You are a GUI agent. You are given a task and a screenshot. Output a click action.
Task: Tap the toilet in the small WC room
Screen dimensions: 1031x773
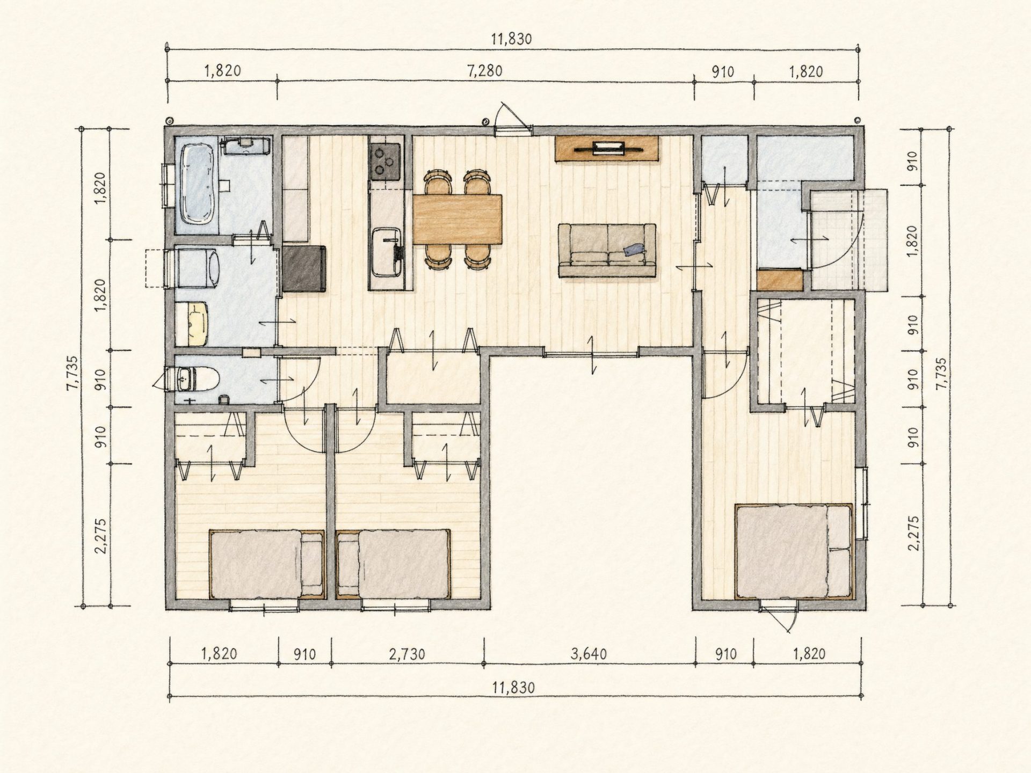tap(199, 380)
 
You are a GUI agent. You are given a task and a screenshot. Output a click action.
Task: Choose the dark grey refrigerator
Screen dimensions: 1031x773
tap(304, 268)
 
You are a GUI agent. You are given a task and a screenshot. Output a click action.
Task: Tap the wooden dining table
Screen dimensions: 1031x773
tap(458, 219)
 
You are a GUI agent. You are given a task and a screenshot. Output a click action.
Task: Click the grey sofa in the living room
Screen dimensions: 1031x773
tap(607, 251)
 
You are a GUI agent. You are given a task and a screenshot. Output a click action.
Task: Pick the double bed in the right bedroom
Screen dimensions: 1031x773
tap(794, 551)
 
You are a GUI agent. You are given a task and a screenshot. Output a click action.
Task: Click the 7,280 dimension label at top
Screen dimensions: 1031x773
tap(485, 71)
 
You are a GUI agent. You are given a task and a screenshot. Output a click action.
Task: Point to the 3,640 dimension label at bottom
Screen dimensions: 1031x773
tap(589, 654)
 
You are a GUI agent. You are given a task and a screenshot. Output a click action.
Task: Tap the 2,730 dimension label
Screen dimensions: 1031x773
tap(407, 654)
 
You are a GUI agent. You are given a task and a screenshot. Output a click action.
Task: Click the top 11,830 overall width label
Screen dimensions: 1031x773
tap(511, 39)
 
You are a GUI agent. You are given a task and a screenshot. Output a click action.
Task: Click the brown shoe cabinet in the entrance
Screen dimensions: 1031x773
tap(780, 280)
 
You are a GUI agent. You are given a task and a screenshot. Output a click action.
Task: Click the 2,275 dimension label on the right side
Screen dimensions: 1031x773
tap(914, 533)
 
